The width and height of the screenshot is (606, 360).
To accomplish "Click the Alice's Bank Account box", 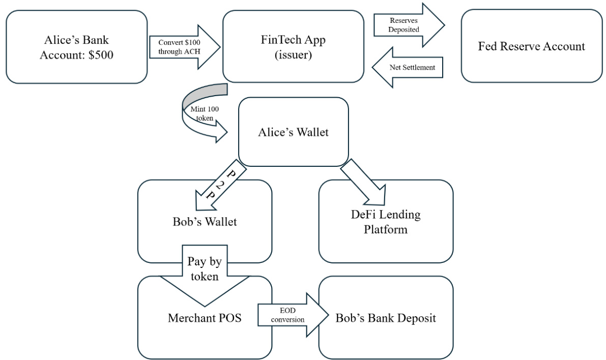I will tap(76, 47).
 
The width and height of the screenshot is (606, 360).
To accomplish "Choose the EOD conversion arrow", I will tap(290, 315).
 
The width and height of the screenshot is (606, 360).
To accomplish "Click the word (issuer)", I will tap(293, 55).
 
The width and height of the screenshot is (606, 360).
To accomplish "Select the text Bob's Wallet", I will tap(205, 222).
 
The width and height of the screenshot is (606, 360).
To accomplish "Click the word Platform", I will tap(385, 229).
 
